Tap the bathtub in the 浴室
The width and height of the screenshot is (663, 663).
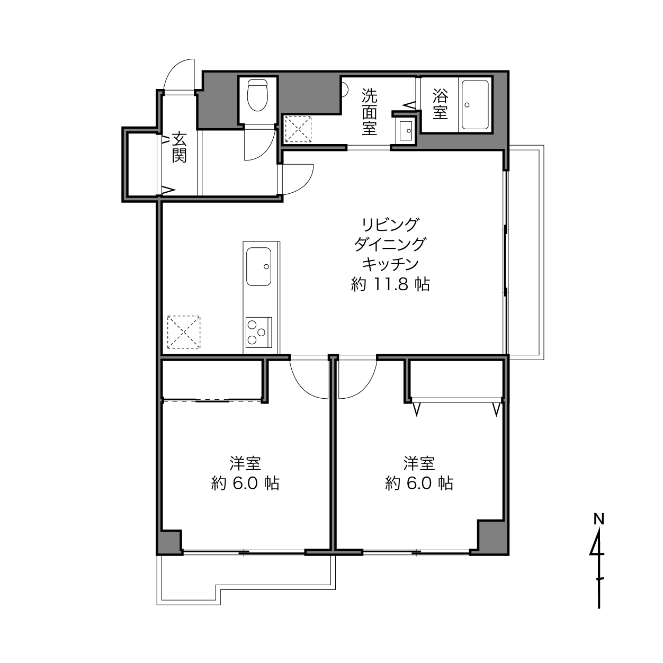(x=475, y=105)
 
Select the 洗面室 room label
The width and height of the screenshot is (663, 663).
(x=369, y=112)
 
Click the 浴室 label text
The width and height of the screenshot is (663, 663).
(x=441, y=104)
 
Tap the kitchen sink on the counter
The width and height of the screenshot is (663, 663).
(x=259, y=267)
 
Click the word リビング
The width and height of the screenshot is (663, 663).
(x=390, y=225)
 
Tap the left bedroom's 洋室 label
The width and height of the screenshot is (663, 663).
(x=245, y=463)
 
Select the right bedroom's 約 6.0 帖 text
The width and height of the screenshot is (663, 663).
(x=419, y=483)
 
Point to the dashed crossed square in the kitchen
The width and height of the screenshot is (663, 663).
(x=184, y=332)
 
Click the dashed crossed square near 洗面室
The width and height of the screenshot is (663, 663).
(x=298, y=129)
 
